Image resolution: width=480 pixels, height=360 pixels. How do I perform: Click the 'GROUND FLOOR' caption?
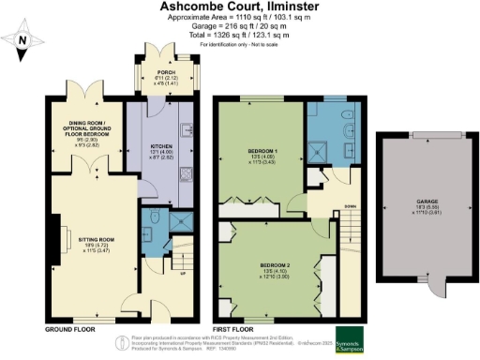pos(70,329)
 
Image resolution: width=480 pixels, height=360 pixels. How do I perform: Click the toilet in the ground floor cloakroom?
pos(151,221)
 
